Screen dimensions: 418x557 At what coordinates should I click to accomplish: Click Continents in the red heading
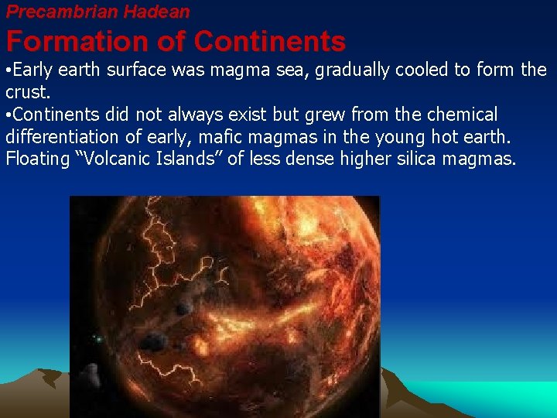point(270,40)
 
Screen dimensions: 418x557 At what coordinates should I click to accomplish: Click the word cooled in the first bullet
point(423,70)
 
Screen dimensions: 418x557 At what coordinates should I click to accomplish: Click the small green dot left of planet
point(98,339)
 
